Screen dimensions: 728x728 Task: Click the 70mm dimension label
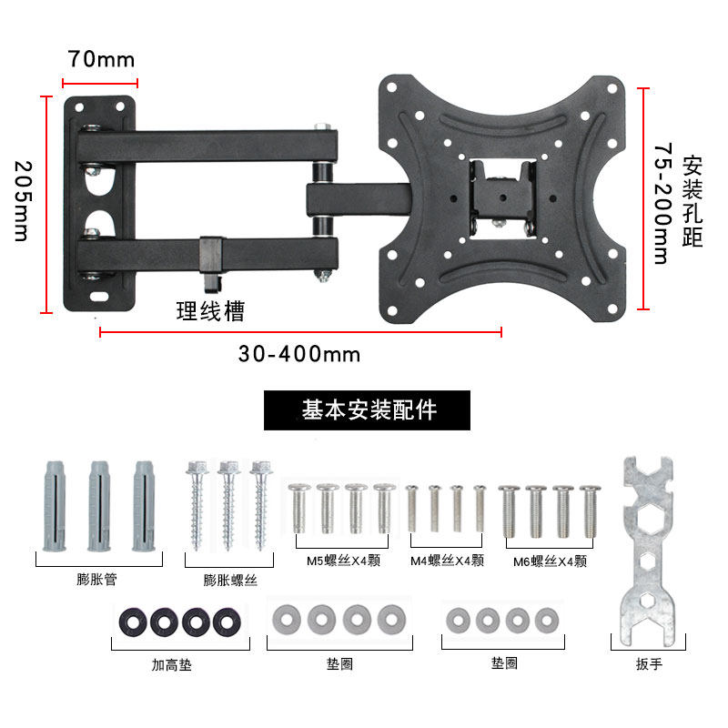[101, 59]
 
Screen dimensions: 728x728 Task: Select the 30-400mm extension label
[299, 354]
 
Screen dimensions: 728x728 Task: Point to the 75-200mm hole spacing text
[663, 203]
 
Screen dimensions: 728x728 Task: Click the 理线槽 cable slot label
[210, 311]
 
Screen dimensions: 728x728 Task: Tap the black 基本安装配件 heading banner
[367, 410]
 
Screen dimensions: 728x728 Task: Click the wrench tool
[648, 551]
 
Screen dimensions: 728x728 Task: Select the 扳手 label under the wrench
[649, 664]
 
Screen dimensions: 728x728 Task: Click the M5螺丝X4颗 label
[343, 561]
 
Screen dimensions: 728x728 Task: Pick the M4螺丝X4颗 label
[447, 561]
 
